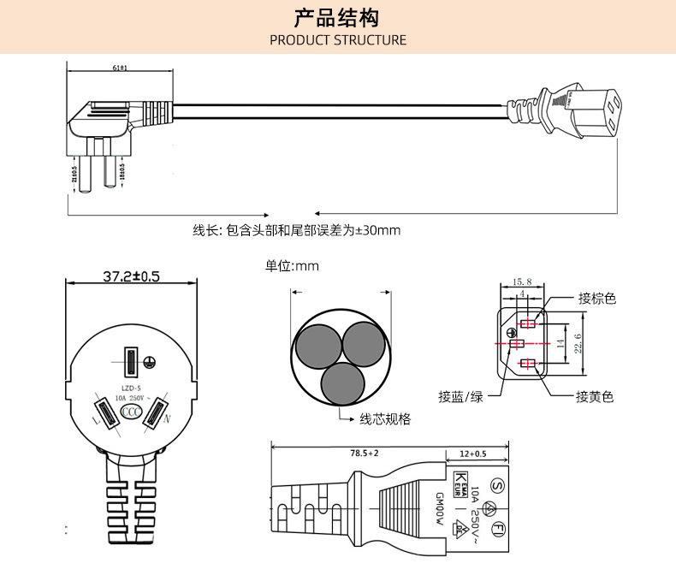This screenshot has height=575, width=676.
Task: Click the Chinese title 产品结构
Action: pos(337,18)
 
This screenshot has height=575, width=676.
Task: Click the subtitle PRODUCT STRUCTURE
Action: pos(338,40)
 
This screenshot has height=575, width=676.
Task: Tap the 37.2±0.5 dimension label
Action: pos(131,276)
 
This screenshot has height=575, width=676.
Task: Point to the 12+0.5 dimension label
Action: pos(472,453)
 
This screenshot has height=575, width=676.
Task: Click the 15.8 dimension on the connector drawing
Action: pos(522,282)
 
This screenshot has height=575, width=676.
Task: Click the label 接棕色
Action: pos(596,299)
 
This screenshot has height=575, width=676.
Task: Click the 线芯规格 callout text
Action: pos(384,419)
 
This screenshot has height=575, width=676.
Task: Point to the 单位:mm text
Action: pos(292,266)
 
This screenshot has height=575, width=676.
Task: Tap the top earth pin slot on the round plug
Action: pos(131,362)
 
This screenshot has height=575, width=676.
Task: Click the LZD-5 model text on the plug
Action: pos(131,387)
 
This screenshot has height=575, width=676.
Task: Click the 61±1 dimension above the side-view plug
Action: pos(120,68)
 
